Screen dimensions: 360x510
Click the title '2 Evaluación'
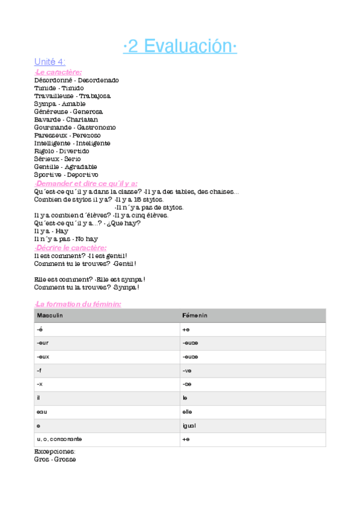tap(180, 46)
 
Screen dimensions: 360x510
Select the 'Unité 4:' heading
tap(50, 62)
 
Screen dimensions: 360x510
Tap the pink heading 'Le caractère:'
tap(58, 72)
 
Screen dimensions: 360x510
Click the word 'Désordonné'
tap(53, 80)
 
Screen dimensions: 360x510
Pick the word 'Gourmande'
tap(53, 127)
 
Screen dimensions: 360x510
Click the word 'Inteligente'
tap(93, 143)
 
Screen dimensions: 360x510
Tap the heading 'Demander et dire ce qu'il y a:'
tap(86, 183)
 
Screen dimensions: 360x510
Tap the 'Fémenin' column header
tap(195, 315)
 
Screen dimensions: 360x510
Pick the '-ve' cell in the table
tap(187, 370)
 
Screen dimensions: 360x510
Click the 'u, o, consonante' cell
tap(59, 439)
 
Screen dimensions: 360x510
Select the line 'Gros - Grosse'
tap(55, 459)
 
